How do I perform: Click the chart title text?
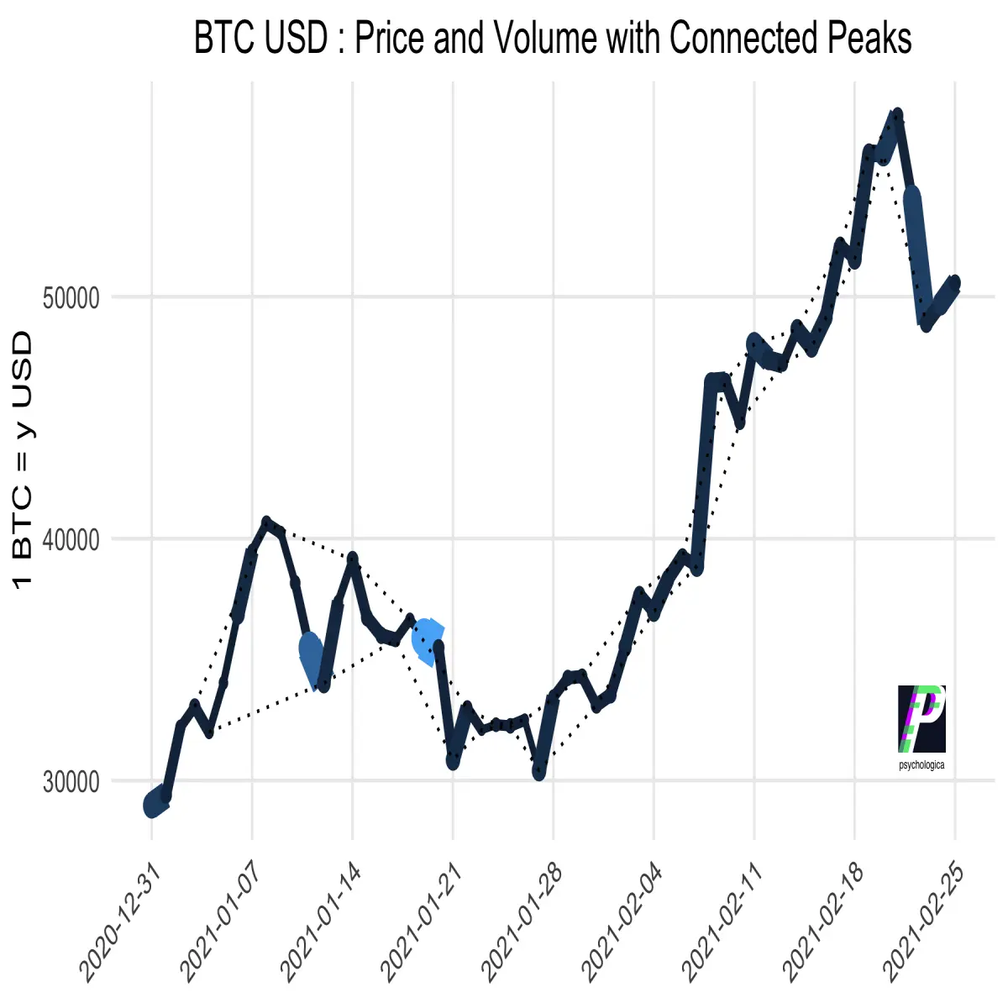[x=553, y=38]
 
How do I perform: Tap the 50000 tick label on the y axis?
[x=71, y=299]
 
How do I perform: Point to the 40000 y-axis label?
[x=71, y=540]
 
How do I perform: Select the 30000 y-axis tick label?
[x=71, y=782]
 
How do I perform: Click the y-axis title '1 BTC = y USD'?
[x=22, y=460]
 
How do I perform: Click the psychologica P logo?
[x=921, y=719]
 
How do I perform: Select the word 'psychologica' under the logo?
[x=921, y=764]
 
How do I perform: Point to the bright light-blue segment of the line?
[x=428, y=642]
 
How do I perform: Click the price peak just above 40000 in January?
[x=267, y=522]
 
